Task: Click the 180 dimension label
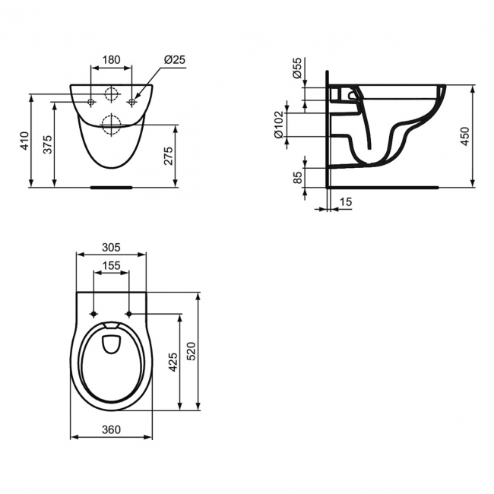click(111, 60)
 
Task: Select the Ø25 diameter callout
click(174, 60)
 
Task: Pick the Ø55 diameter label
click(297, 70)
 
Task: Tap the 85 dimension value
click(299, 179)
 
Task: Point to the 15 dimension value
click(346, 201)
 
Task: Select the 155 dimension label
click(111, 266)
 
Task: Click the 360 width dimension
click(111, 429)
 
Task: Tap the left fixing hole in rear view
click(90, 102)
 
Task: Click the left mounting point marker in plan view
click(93, 314)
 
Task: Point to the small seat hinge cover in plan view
click(111, 341)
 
